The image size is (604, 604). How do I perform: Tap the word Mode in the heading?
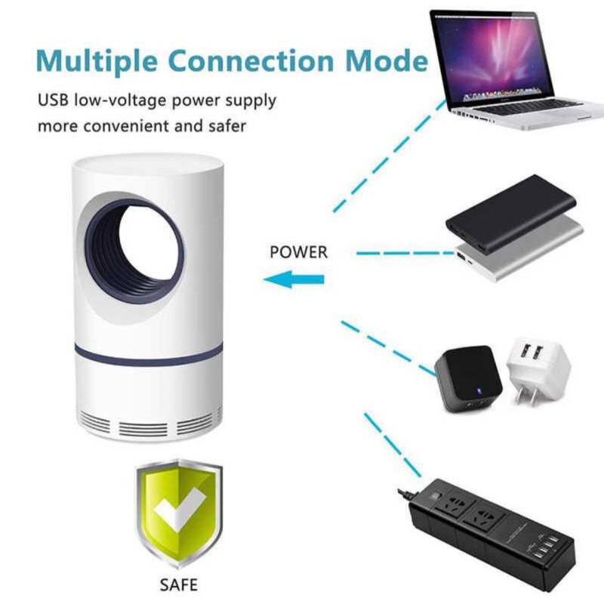(387, 60)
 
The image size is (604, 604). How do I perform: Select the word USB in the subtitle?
(53, 100)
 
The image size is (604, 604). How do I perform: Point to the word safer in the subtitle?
(227, 126)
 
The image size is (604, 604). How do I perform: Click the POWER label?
(298, 252)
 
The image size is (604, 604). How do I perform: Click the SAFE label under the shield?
(179, 584)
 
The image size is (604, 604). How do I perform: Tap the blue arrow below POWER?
(294, 279)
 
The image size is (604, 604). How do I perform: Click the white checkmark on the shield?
(180, 508)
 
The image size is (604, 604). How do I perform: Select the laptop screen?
(492, 58)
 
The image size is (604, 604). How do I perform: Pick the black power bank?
(510, 213)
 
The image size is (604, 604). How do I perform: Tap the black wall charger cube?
(468, 379)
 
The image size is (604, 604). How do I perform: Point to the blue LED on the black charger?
(479, 391)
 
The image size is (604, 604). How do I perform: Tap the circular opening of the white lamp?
(134, 251)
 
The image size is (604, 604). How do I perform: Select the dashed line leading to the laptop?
(390, 156)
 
